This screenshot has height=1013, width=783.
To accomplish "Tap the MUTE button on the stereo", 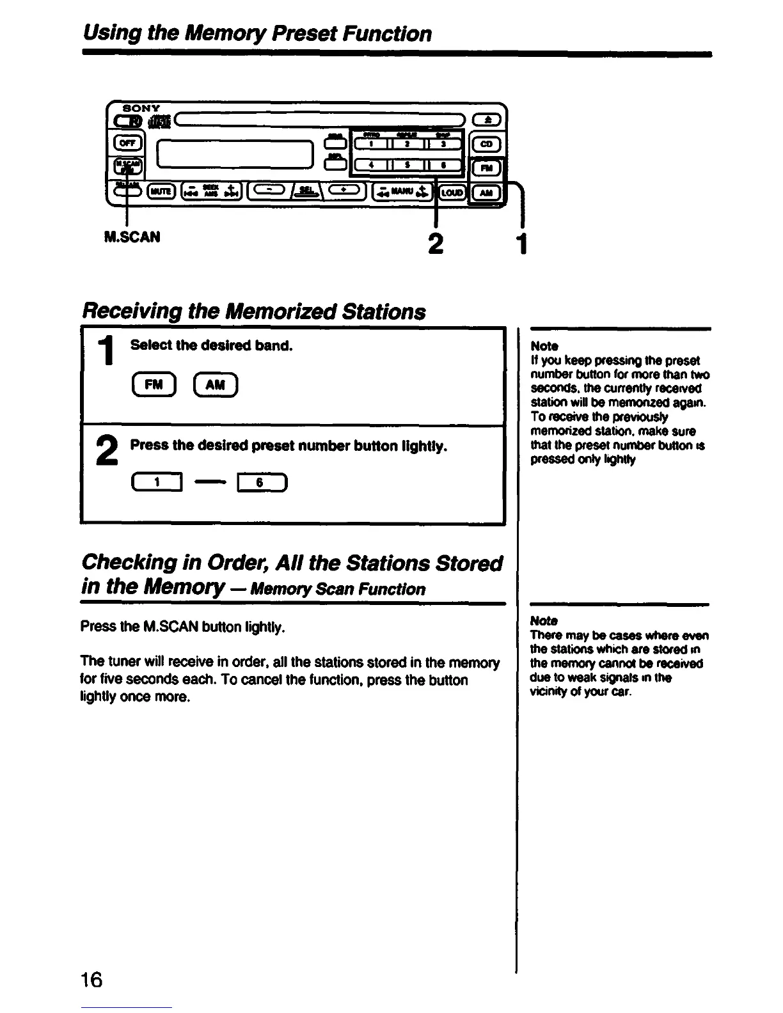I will tap(158, 191).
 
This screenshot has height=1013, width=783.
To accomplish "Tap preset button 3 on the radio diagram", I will tap(443, 144).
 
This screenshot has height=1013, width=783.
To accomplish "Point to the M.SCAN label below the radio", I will tap(131, 237).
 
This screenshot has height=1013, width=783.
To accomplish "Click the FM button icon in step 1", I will tap(153, 384).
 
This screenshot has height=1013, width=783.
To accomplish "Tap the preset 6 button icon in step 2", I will tap(261, 484).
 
